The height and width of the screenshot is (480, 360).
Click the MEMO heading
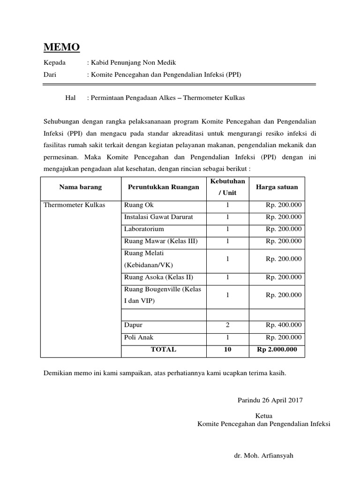click(61, 47)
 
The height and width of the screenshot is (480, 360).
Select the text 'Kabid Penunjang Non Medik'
click(133, 62)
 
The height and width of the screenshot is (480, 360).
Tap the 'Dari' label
click(50, 74)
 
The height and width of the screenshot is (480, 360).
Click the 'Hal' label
click(70, 98)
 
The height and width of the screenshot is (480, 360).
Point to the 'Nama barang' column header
click(80, 187)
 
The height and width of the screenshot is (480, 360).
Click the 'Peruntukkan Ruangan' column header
click(163, 187)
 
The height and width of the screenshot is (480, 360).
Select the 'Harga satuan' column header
click(277, 187)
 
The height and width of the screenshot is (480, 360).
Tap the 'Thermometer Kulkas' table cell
click(74, 205)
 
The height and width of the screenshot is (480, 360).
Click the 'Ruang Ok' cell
click(138, 205)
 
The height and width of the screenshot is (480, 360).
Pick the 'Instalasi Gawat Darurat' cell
click(158, 217)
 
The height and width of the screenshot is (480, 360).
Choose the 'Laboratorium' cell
click(144, 229)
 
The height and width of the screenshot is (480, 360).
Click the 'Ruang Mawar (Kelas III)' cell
click(161, 241)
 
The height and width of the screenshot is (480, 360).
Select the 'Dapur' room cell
click(133, 325)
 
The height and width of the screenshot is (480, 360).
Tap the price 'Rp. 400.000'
click(284, 325)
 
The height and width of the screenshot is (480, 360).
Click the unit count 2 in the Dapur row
click(227, 325)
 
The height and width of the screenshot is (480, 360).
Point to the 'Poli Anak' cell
click(138, 337)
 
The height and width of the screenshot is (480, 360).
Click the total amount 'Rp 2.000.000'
click(277, 349)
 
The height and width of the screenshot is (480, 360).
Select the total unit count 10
click(227, 349)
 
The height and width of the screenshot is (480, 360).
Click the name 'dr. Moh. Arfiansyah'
click(263, 456)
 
